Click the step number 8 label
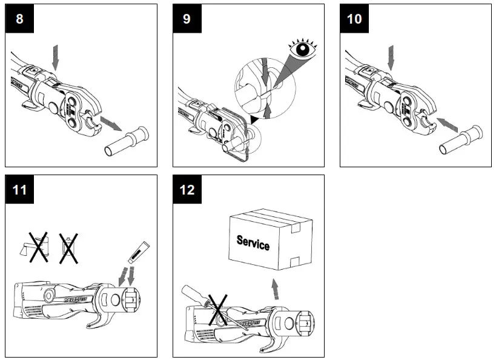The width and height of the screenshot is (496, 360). tap(19, 19)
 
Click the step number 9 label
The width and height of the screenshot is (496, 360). tap(187, 19)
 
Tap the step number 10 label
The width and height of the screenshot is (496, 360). tap(354, 19)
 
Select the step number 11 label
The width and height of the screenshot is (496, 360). tap(19, 190)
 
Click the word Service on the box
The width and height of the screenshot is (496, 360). tap(253, 243)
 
